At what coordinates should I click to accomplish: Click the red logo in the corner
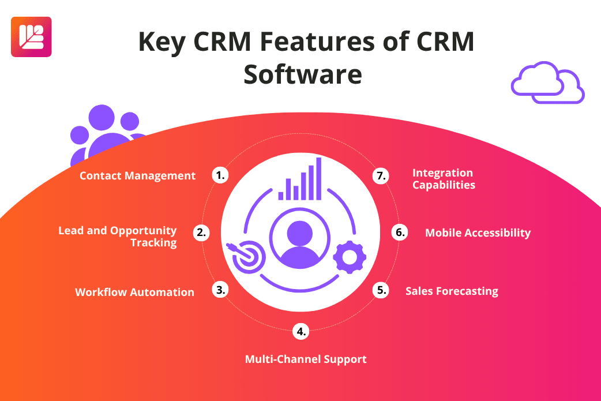31,37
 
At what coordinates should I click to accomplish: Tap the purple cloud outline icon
547,84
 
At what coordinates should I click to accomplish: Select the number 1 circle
219,175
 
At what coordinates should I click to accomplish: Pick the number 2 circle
201,233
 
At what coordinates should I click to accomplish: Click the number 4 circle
300,331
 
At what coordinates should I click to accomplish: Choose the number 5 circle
381,290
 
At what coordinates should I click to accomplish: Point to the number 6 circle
399,233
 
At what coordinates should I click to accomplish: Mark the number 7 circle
381,176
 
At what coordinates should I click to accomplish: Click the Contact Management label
138,175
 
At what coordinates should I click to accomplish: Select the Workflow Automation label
134,292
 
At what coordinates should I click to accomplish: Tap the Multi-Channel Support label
306,359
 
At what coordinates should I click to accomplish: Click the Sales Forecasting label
452,291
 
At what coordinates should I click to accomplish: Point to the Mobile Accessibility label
478,233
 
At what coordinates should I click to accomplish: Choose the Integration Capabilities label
444,179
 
